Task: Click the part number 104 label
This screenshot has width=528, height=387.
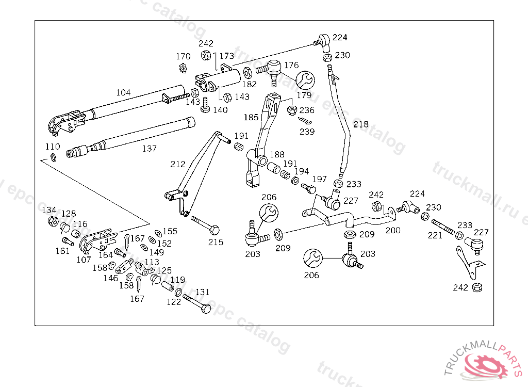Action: click(123, 93)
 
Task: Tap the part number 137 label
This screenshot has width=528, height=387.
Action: click(150, 149)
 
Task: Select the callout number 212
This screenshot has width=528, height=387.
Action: click(178, 165)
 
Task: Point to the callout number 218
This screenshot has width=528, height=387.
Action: click(361, 124)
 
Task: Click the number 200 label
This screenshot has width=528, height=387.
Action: click(393, 231)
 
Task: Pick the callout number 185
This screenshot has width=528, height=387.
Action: click(251, 118)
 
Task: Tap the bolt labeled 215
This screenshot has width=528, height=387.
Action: click(206, 225)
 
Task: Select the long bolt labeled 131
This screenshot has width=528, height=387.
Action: click(196, 304)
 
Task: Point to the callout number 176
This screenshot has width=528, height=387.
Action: click(291, 65)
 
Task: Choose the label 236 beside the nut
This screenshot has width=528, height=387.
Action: click(307, 110)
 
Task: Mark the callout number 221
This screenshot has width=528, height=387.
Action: click(435, 236)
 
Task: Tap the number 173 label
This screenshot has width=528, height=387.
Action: click(227, 56)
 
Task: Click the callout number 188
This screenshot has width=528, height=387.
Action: click(277, 154)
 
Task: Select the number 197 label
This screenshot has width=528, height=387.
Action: click(320, 179)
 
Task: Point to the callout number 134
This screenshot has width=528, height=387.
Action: click(49, 210)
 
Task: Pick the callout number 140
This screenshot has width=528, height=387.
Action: click(220, 110)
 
